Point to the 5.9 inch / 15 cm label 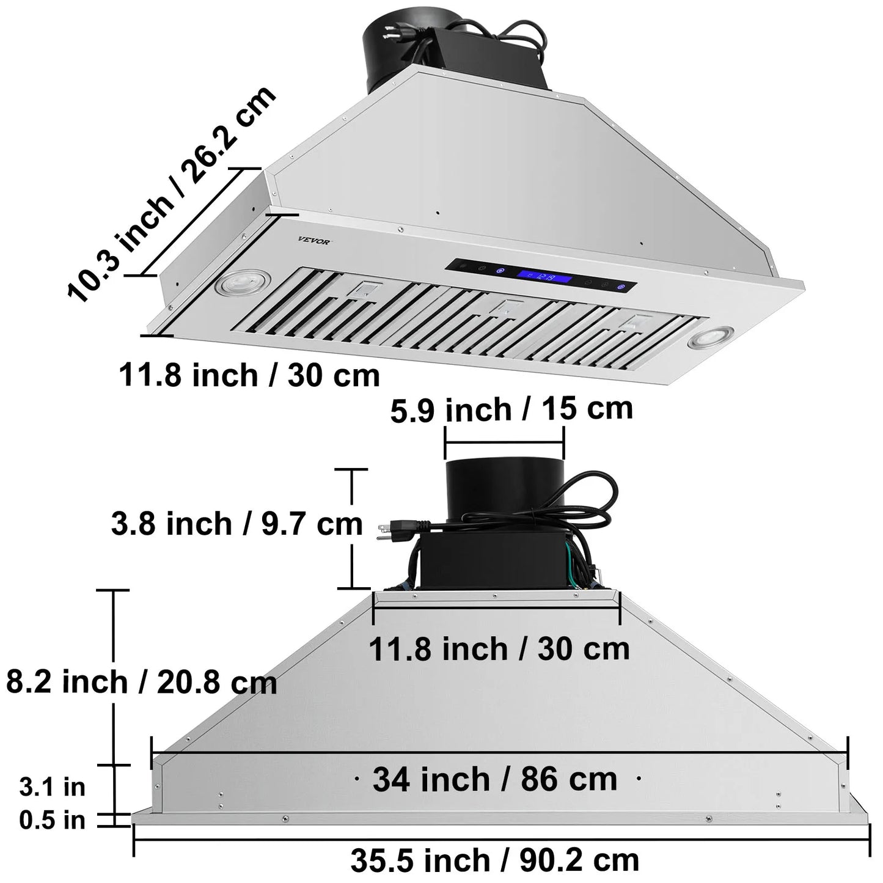(x=511, y=409)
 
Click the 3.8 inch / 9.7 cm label (x=236, y=524)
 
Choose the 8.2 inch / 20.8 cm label (x=141, y=681)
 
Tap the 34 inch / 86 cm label (x=495, y=779)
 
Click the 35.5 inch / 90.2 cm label (x=495, y=860)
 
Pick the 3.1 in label (x=52, y=786)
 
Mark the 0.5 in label (x=52, y=820)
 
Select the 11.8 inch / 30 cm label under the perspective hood (x=249, y=374)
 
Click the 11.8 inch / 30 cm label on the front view (x=499, y=648)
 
